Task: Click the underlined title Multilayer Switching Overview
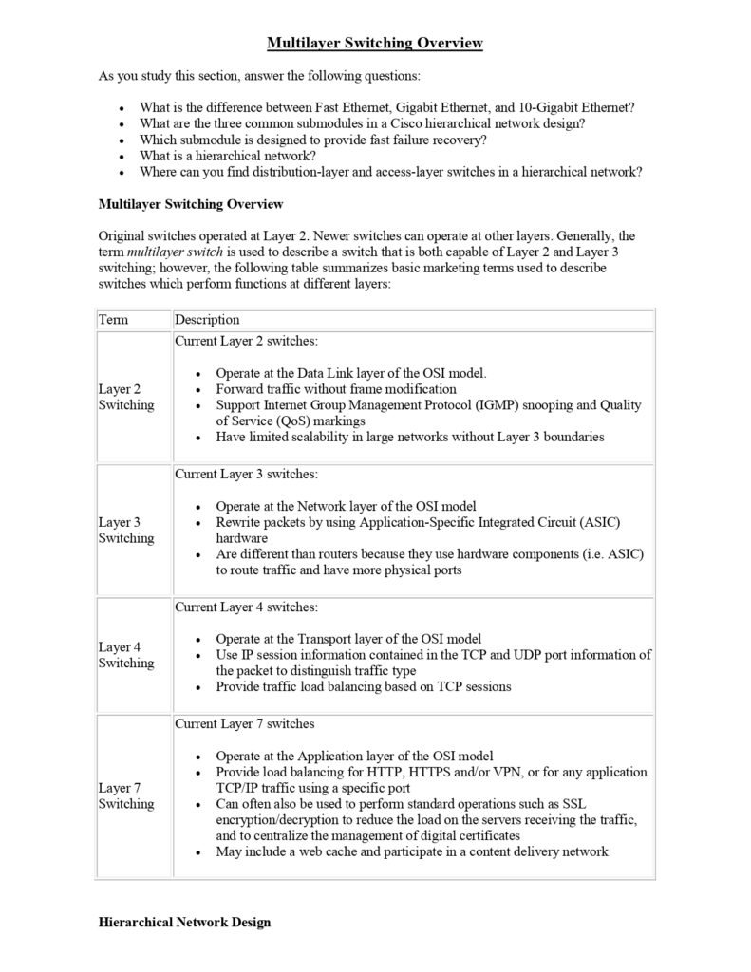[375, 43]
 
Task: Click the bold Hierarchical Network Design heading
[184, 922]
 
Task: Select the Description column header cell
[207, 320]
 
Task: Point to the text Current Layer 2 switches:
[246, 341]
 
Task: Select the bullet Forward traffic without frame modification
[336, 389]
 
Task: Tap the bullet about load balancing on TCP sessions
[364, 686]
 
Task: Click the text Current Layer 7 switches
[244, 724]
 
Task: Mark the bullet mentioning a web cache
[411, 851]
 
